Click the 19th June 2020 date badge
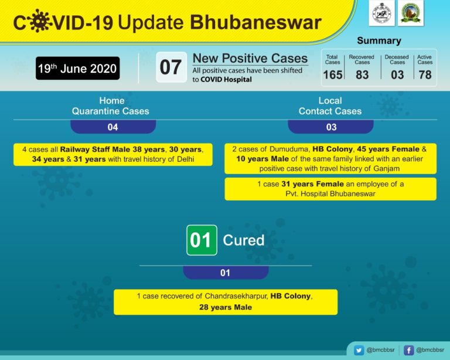[77, 69]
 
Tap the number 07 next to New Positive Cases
[171, 67]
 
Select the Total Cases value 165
[332, 74]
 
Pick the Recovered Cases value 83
[362, 74]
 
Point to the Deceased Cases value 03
[397, 74]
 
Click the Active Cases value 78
[425, 74]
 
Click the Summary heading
[379, 41]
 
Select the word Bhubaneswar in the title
[255, 22]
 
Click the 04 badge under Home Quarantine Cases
[112, 127]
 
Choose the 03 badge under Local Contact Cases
[331, 127]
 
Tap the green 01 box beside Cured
[202, 240]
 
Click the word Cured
[243, 240]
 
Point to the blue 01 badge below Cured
[225, 273]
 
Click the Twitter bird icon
[359, 350]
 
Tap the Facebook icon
[409, 350]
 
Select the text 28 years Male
[225, 307]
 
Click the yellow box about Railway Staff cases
[112, 154]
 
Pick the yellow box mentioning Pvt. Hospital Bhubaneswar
[330, 189]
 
